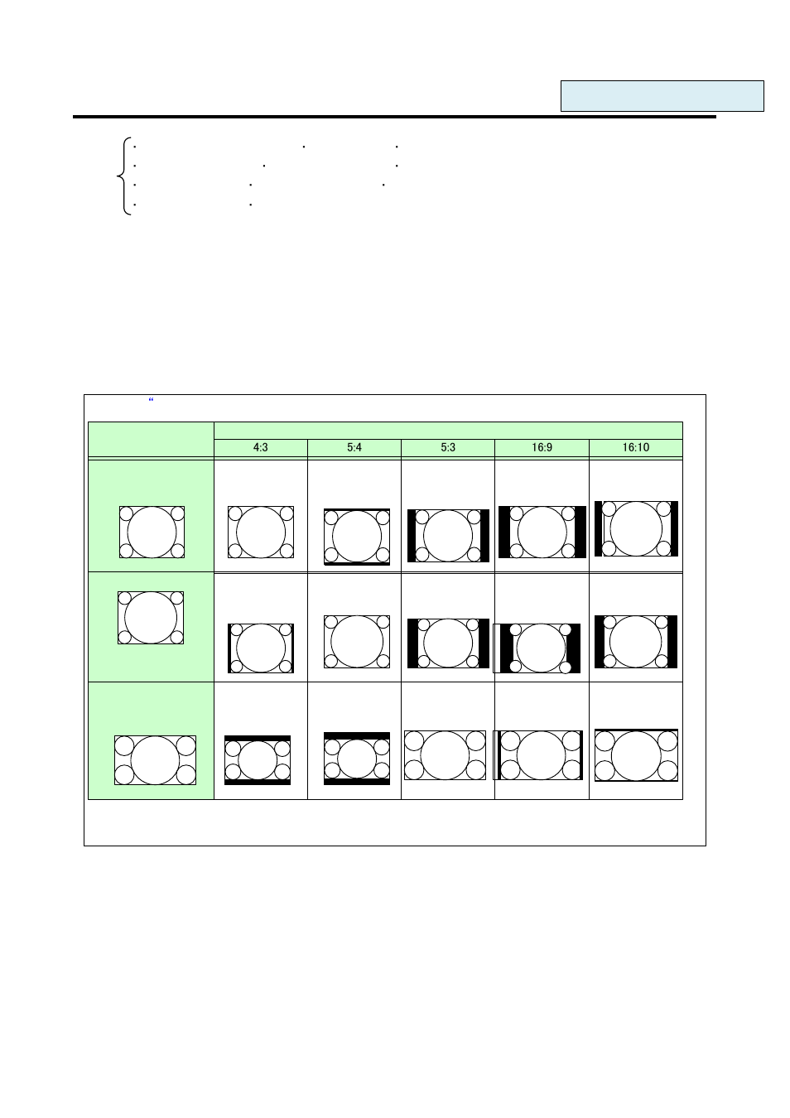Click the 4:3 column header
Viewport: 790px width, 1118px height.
pyautogui.click(x=261, y=447)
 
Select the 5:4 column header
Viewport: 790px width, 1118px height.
pyautogui.click(x=354, y=447)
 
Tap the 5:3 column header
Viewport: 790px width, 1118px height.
pyautogui.click(x=448, y=447)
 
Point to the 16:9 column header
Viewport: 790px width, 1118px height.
pyautogui.click(x=542, y=447)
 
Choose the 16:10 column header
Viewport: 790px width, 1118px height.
pyautogui.click(x=636, y=447)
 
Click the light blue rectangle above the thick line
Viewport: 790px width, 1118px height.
pyautogui.click(x=662, y=96)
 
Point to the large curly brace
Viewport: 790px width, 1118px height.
pyautogui.click(x=123, y=176)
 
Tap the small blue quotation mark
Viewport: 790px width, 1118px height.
pyautogui.click(x=152, y=400)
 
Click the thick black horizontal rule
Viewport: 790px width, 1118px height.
pyautogui.click(x=394, y=117)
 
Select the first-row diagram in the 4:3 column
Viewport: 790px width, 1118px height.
pyautogui.click(x=261, y=532)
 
